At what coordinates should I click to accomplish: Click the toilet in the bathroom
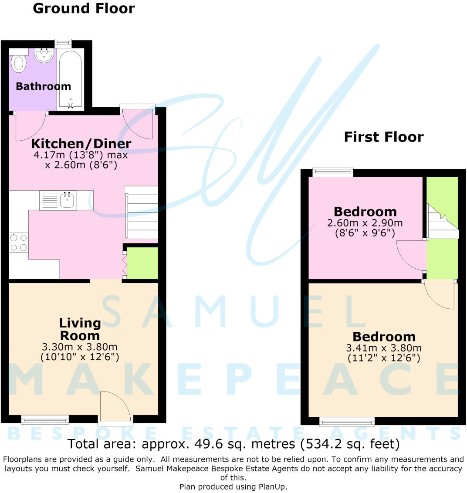tap(18, 62)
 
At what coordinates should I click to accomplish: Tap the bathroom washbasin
tap(44, 55)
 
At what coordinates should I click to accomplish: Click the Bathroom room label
tap(44, 86)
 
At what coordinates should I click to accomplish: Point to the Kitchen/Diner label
tap(81, 144)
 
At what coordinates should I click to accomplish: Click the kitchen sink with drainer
tap(58, 200)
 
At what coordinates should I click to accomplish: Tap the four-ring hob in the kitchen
tap(19, 243)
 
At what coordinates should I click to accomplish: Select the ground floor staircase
tap(141, 213)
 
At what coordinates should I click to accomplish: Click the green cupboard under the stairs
tap(142, 263)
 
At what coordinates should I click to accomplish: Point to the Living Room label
tap(80, 329)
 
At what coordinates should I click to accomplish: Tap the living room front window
tap(45, 419)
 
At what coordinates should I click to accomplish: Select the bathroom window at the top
tap(63, 43)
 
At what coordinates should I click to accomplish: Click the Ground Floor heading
tap(84, 8)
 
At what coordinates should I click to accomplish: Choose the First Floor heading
tap(384, 137)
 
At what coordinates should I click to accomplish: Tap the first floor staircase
tap(443, 222)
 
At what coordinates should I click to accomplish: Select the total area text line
tap(233, 444)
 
